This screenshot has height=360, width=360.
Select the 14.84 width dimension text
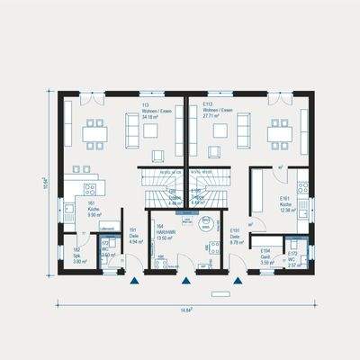[x=184, y=310]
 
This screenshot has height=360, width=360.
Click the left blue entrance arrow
[x=135, y=282]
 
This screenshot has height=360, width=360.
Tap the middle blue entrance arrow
[x=186, y=282]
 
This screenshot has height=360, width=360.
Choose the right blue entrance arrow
[x=238, y=282]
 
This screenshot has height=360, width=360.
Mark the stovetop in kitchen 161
[x=91, y=189]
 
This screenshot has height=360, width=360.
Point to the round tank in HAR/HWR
[x=214, y=247]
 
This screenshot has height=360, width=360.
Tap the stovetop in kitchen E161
[x=304, y=190]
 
